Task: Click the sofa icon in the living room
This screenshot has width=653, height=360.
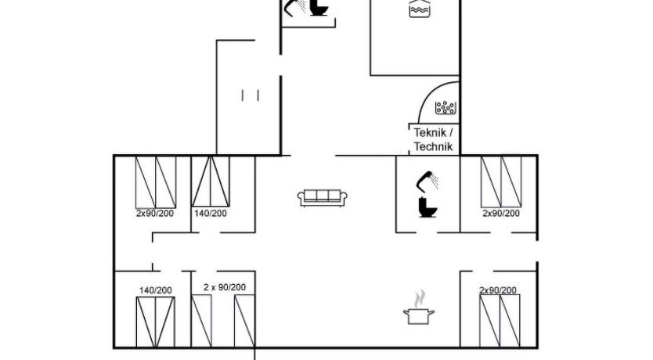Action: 323,198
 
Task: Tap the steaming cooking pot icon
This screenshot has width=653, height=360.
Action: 419,308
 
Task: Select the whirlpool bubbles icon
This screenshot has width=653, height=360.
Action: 446,108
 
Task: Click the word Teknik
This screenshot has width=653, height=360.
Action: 430,133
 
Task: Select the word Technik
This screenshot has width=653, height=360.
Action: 433,146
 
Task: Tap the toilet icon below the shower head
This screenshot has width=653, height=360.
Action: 428,207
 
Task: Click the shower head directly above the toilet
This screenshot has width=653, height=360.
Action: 428,181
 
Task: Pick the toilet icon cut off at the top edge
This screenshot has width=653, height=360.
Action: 320,8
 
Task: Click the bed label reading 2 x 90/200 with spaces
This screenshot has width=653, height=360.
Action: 225,287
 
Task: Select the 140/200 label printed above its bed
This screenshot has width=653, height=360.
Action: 155,290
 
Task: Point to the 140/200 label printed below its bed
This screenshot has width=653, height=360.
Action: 211,214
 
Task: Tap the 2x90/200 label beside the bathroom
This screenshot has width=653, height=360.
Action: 501,214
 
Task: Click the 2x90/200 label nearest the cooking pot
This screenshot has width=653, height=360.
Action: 498,290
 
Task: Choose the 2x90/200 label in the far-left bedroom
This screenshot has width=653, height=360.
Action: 155,214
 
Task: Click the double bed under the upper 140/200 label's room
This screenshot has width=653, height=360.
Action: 211,181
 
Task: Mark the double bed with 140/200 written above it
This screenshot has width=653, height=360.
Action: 156,322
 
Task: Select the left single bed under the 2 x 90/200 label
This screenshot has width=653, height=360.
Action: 201,321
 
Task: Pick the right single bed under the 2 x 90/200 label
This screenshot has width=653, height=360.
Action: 244,321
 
